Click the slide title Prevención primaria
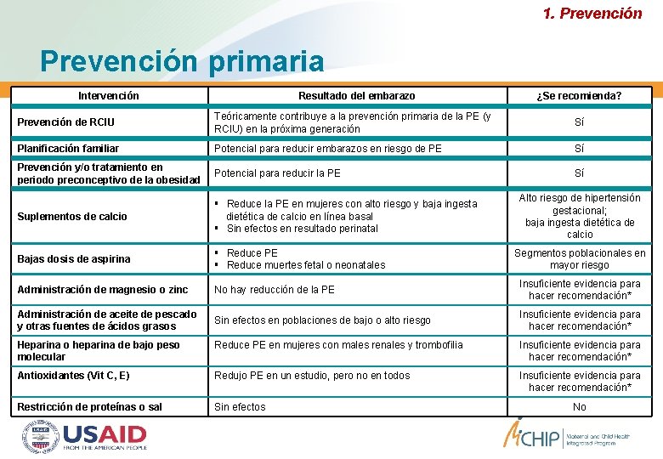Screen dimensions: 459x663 coord(182,61)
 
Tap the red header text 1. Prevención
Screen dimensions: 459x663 coord(592,13)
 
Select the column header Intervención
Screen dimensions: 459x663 coord(109,96)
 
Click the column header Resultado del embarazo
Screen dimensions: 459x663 coord(356,96)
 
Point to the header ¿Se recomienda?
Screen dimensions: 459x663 coord(579,96)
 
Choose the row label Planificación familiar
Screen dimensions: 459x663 coord(68,149)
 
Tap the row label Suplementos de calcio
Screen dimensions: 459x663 coord(71,217)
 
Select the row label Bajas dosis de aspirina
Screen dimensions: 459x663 coord(74,258)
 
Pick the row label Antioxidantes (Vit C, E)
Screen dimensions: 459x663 coord(73,376)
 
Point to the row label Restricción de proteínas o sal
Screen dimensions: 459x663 coord(89,407)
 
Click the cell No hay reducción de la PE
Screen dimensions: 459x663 coord(275,290)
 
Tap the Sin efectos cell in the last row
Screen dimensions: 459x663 coord(240,407)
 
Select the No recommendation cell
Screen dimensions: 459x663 coord(579,407)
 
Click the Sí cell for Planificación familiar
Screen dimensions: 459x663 coord(579,149)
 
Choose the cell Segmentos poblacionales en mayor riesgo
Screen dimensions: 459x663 coord(580,258)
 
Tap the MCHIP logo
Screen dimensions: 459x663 coord(544,435)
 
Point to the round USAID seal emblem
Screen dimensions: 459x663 coord(40,437)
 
